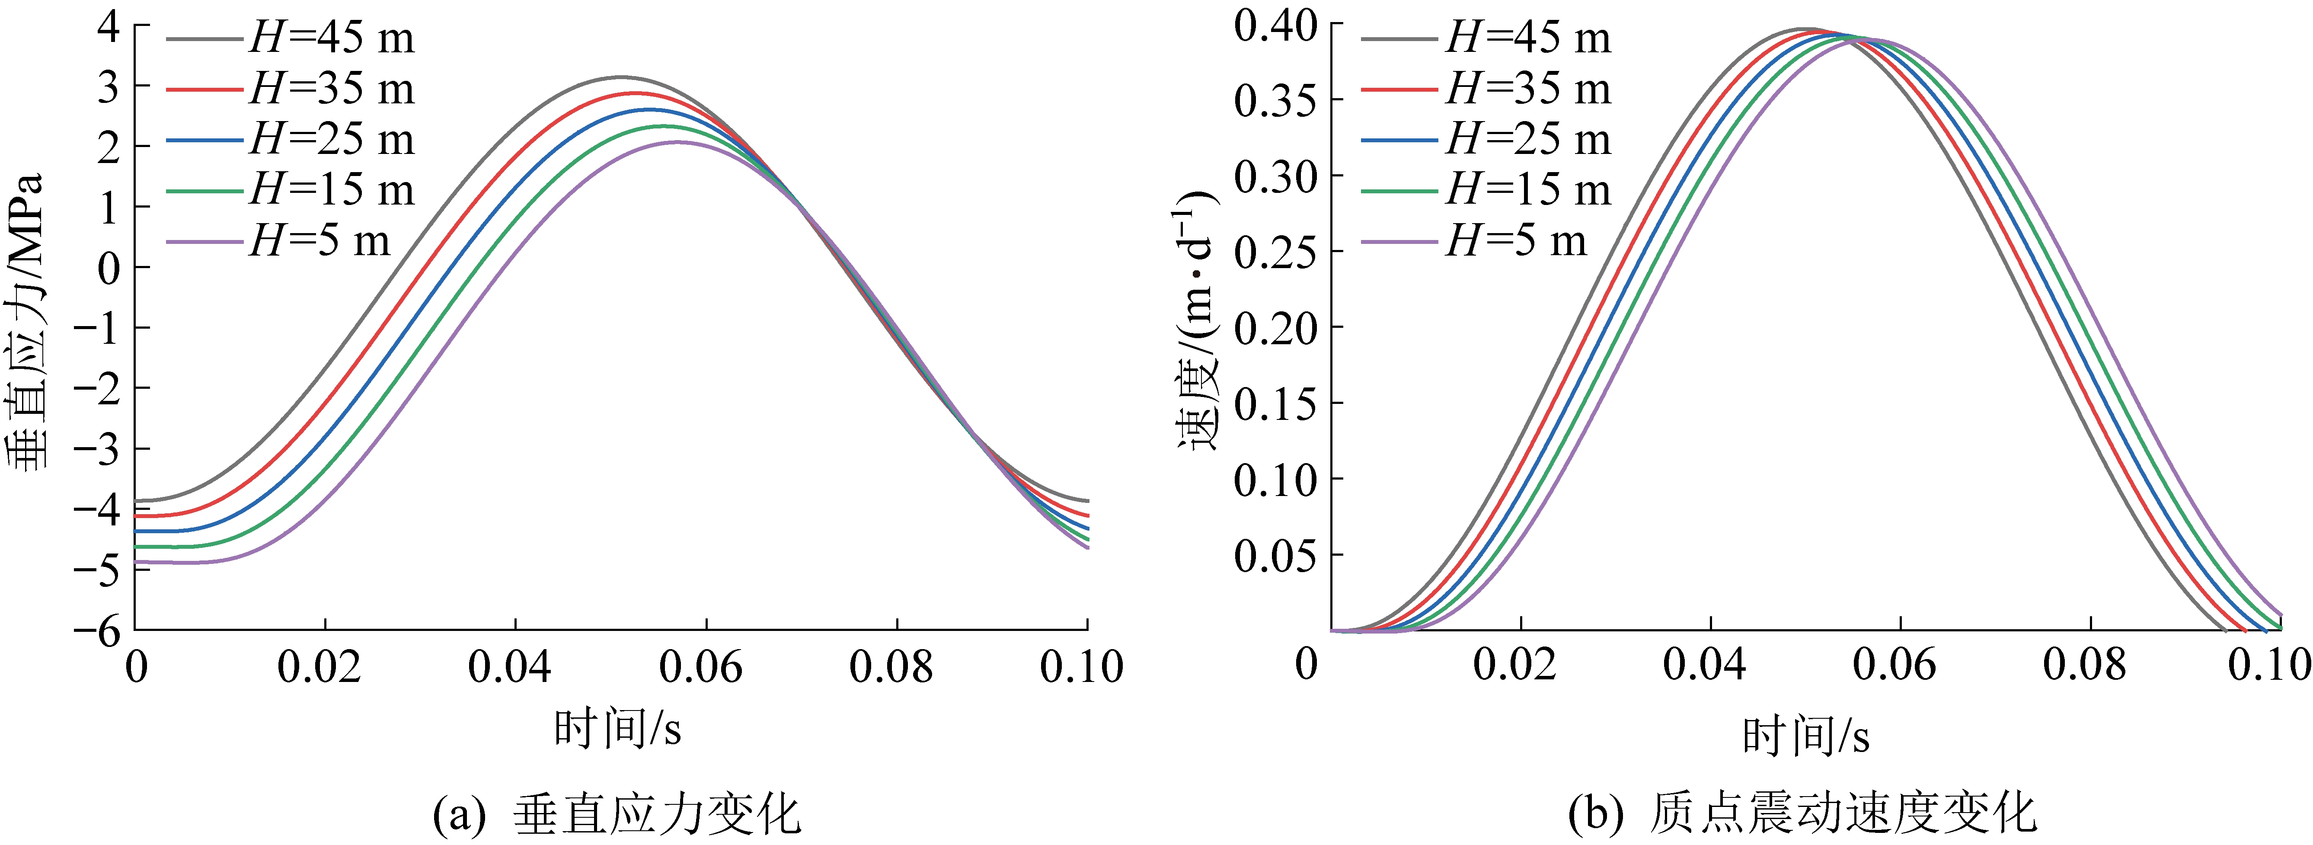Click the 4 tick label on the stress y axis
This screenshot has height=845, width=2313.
click(108, 27)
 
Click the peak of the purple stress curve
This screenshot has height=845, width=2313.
click(678, 142)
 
